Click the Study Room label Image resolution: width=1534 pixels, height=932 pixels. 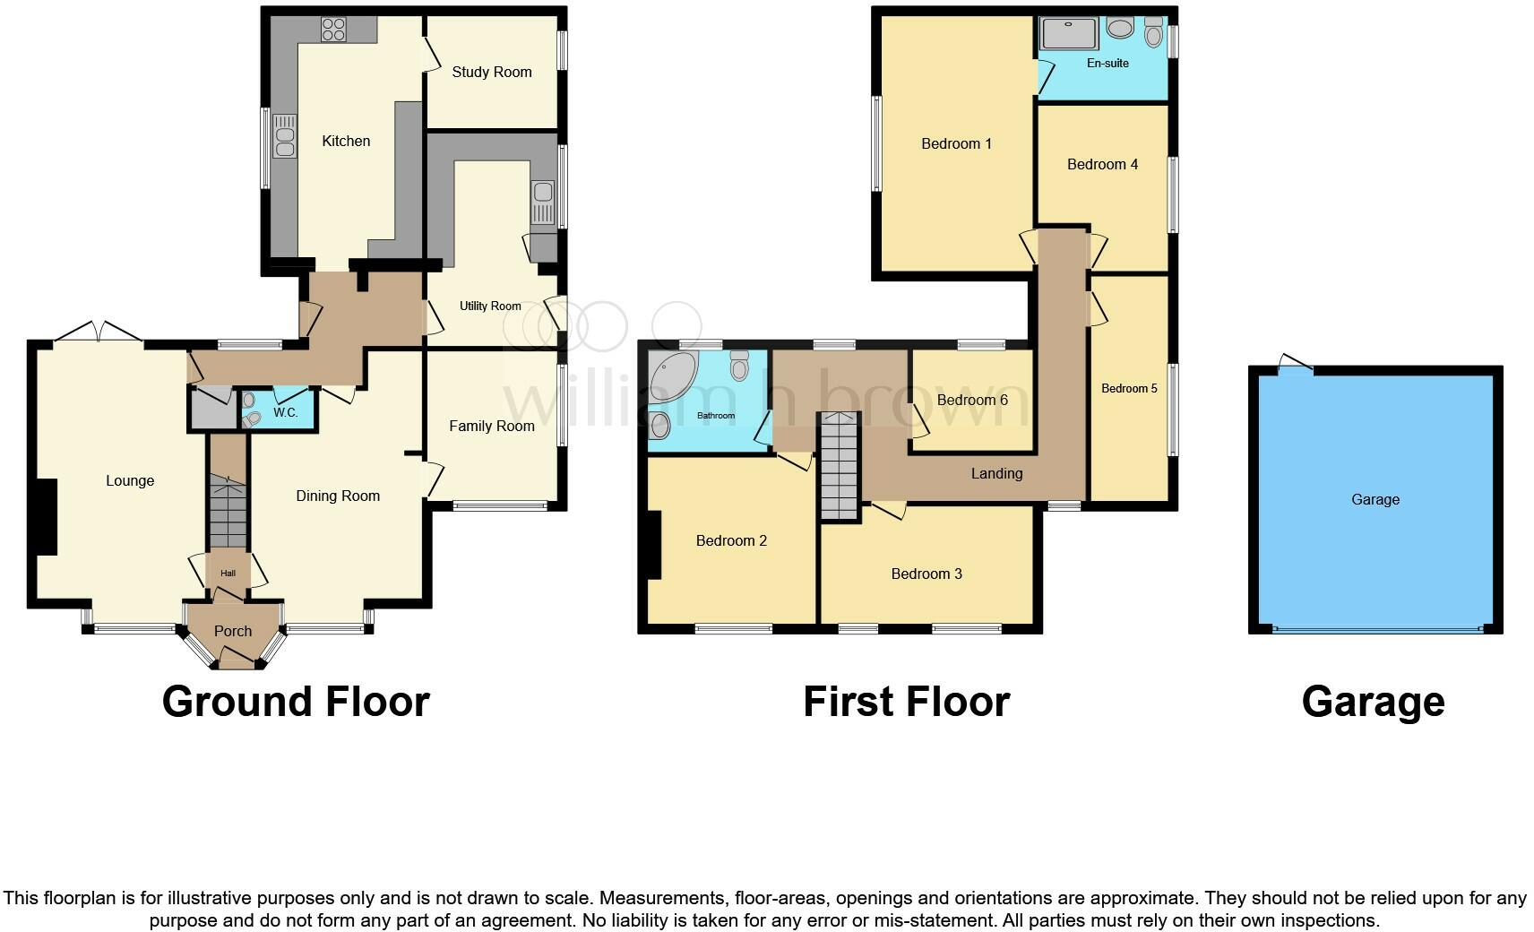point(491,73)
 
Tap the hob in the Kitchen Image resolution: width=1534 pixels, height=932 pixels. point(333,30)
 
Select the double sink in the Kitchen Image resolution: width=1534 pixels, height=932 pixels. point(284,137)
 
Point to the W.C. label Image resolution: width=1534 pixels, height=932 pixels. point(285,413)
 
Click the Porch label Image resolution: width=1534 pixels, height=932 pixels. point(233,632)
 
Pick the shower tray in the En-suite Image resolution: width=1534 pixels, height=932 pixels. point(1068,34)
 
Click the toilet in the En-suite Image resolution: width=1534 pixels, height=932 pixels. point(1153,34)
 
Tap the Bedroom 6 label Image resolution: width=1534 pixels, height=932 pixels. point(972,401)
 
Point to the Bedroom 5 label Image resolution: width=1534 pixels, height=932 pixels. point(1129,389)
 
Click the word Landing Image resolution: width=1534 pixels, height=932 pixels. point(996,474)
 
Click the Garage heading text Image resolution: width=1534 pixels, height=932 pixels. point(1373,702)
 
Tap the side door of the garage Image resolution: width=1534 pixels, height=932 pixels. point(1296,363)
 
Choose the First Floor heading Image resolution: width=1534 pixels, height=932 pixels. point(906,702)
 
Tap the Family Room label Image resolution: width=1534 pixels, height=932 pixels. point(491,427)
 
